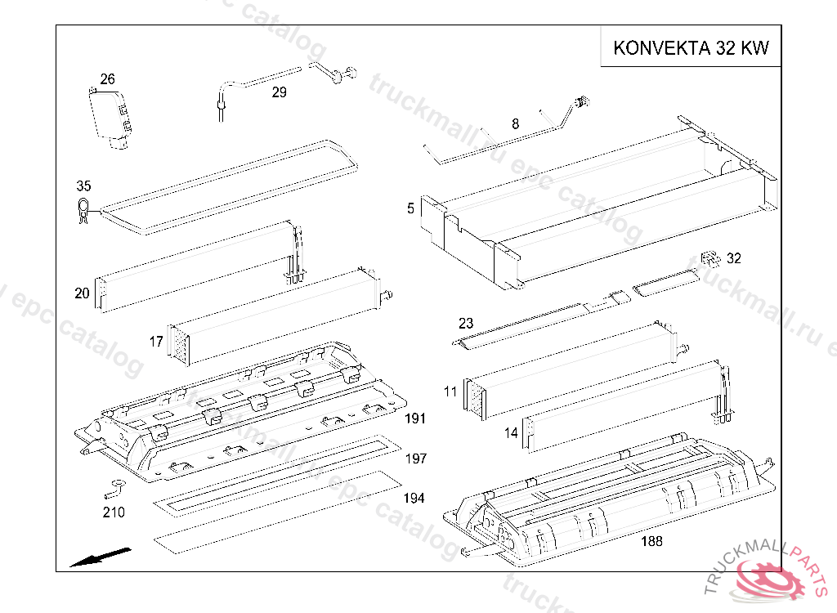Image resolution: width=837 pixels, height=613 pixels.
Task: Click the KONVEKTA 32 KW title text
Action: [x=691, y=47]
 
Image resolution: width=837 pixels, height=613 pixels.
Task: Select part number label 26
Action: [x=107, y=79]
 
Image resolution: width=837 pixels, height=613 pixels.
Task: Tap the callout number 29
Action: [x=280, y=92]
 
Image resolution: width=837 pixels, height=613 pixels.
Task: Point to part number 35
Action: [x=84, y=186]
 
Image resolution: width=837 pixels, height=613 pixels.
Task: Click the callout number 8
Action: [x=515, y=124]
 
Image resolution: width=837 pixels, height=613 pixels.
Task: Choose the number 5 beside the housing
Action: [x=410, y=208]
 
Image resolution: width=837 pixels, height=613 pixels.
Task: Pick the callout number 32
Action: [x=734, y=258]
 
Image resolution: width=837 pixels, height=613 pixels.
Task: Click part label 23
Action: [x=466, y=323]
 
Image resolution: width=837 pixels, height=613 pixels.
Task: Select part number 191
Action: [x=415, y=418]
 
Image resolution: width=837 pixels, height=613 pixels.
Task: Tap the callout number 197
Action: [x=416, y=459]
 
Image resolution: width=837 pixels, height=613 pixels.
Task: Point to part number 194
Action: [x=414, y=499]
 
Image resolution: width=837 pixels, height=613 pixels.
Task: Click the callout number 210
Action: [x=114, y=512]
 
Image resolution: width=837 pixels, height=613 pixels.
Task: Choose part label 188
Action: [x=651, y=541]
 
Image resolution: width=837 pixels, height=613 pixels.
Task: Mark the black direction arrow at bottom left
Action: [x=101, y=557]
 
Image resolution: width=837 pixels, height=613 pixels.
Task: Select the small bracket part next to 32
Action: [x=710, y=258]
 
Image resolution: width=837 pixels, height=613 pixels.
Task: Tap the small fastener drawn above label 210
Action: [x=116, y=488]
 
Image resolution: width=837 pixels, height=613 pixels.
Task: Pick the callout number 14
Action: [x=512, y=432]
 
